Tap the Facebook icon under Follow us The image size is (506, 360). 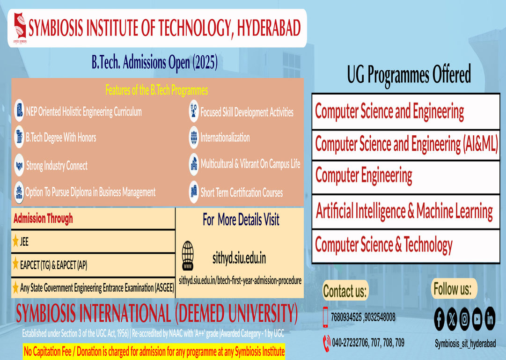click(439, 319)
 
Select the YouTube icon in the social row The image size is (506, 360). click(477, 319)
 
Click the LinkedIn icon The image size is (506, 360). click(490, 319)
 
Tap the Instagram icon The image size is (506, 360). click(464, 319)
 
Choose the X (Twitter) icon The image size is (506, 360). click(452, 319)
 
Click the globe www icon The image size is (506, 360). click(188, 256)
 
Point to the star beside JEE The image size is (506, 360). click(15, 241)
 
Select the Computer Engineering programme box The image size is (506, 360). click(406, 177)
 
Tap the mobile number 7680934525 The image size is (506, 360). click(346, 317)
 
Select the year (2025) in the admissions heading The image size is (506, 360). click(205, 62)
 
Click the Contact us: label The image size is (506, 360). click(345, 291)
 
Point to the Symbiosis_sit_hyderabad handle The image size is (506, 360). click(465, 344)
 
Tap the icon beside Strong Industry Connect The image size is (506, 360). click(19, 165)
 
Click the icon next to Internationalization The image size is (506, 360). click(194, 138)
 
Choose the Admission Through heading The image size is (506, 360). click(43, 219)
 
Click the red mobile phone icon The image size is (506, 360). click(325, 317)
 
